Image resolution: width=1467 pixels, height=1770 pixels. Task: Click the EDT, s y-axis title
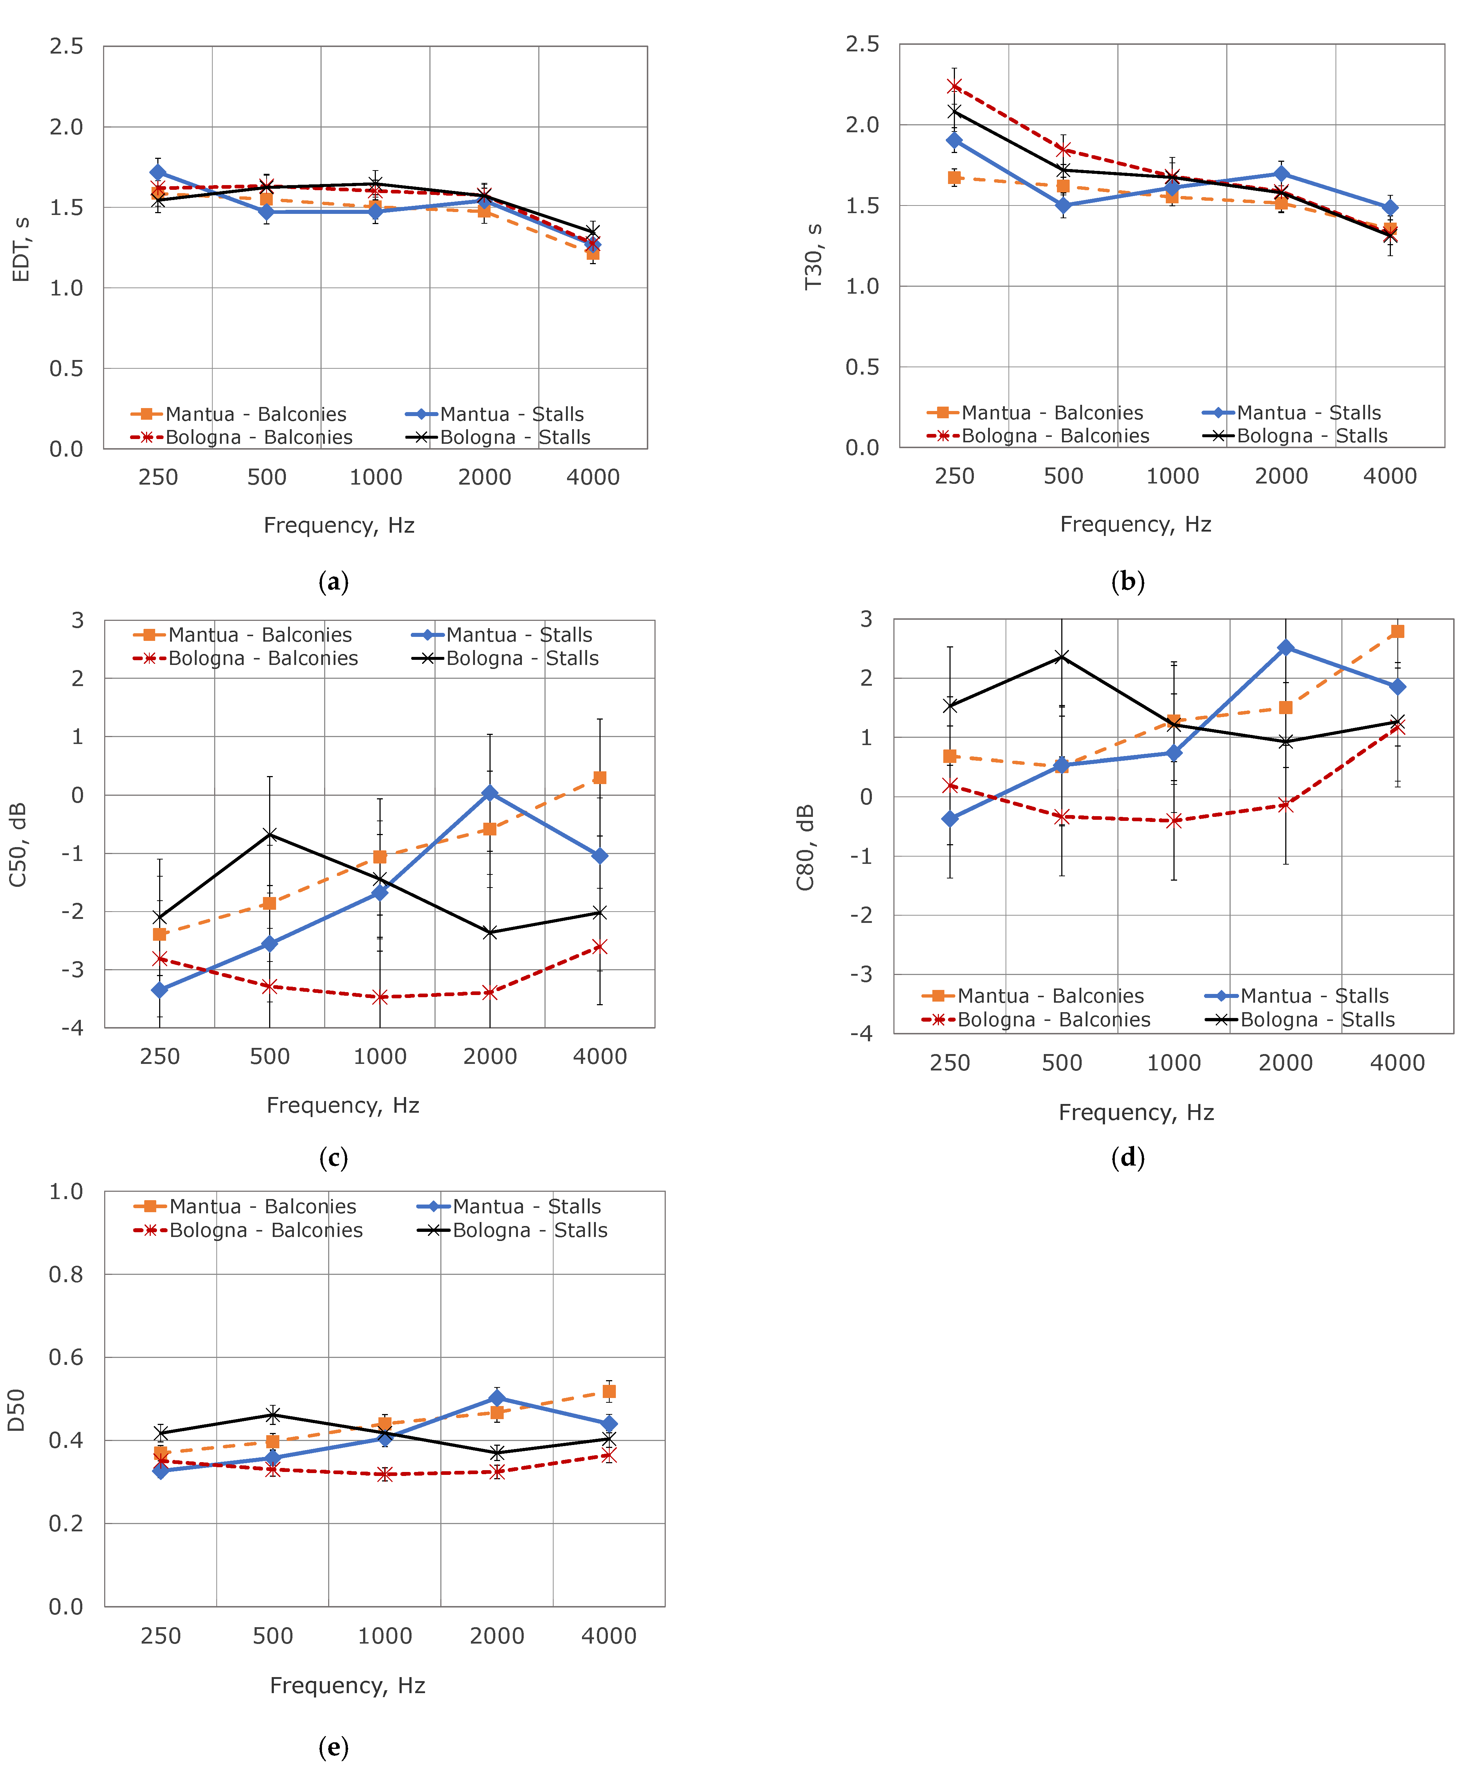(x=21, y=250)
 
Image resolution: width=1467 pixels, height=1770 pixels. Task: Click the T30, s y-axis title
(x=813, y=256)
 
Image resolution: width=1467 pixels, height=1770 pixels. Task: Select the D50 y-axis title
(x=17, y=1410)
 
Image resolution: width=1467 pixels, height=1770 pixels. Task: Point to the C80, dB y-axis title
(x=806, y=847)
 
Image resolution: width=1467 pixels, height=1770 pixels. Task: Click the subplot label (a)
(x=334, y=581)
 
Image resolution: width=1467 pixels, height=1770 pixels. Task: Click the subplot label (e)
(x=334, y=1747)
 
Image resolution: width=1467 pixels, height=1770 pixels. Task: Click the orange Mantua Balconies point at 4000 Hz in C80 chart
(x=1397, y=631)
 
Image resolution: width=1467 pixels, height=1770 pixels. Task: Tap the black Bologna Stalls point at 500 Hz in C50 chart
(x=270, y=834)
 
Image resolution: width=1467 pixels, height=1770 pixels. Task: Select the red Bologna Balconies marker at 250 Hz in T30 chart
(x=955, y=86)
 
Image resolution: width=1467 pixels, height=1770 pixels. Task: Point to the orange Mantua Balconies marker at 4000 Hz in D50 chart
(x=609, y=1391)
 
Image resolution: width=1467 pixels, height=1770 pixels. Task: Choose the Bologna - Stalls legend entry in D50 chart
(x=512, y=1230)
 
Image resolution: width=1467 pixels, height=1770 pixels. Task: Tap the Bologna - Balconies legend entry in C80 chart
(x=1037, y=1020)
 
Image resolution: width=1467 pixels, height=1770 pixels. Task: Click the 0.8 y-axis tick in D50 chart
(x=66, y=1274)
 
